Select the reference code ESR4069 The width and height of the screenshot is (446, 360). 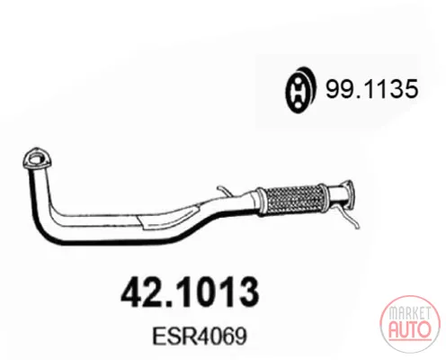(x=200, y=336)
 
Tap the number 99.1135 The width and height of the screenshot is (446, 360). (x=371, y=89)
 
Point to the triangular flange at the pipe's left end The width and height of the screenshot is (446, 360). (x=37, y=159)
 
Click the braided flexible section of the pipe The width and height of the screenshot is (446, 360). (x=291, y=200)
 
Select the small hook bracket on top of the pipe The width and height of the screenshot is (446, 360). (x=224, y=192)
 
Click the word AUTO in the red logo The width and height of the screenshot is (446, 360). (x=410, y=329)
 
